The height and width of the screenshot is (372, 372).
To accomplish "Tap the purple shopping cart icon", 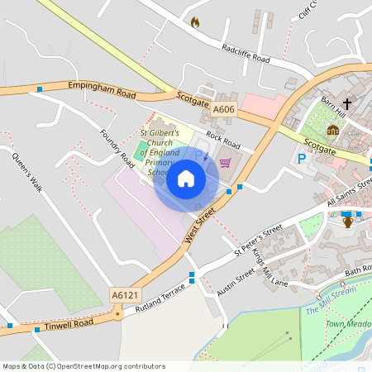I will click(x=226, y=162).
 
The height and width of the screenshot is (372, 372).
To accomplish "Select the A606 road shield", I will click(x=223, y=109).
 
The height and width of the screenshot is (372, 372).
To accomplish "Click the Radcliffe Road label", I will click(x=246, y=54).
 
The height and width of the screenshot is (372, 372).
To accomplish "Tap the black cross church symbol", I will click(x=347, y=104).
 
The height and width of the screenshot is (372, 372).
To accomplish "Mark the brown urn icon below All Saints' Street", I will click(x=348, y=221).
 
